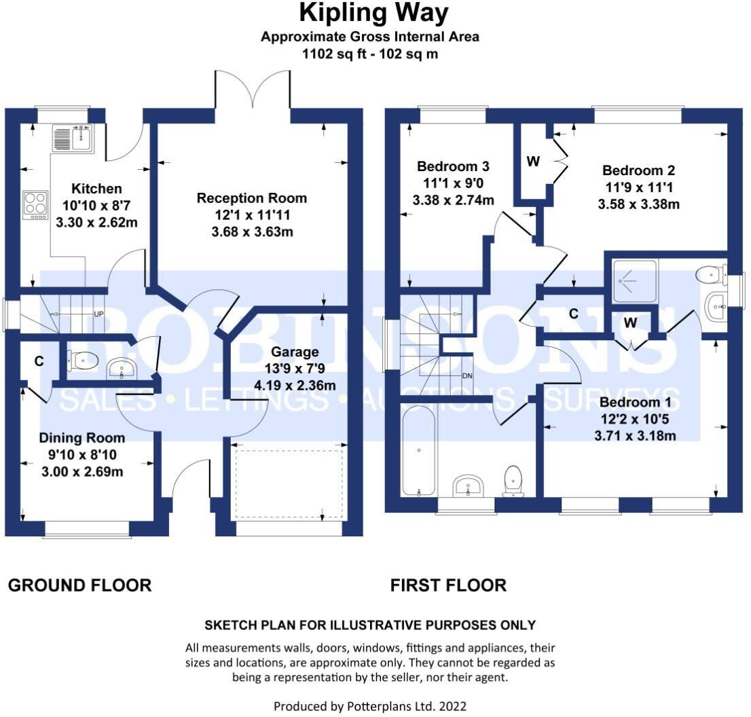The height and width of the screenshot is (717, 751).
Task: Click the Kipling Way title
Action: [373, 13]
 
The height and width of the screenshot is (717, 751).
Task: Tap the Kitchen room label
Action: [96, 189]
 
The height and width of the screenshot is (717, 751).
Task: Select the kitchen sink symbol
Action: [73, 138]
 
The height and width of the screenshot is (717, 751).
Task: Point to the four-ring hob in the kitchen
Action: [36, 205]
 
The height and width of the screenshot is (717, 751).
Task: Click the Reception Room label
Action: [251, 198]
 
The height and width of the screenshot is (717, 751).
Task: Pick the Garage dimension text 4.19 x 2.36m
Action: [295, 386]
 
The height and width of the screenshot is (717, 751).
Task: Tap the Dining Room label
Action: [82, 438]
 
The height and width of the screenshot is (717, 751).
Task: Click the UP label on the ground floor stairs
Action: [98, 314]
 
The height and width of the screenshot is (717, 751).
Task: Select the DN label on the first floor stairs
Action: [467, 376]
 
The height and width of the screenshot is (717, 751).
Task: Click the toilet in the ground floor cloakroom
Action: [83, 360]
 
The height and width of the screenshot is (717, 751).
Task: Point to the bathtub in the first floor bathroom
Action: [419, 451]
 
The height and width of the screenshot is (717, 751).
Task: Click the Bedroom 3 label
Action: [453, 166]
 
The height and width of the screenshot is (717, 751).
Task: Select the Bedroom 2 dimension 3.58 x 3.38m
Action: [638, 204]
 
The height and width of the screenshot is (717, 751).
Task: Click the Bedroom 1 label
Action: [635, 403]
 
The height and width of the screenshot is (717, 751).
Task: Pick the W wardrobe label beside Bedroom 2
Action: [533, 162]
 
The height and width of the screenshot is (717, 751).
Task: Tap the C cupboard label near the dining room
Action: [39, 361]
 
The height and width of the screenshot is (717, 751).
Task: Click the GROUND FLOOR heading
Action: [80, 585]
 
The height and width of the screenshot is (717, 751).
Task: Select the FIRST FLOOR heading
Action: [448, 585]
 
